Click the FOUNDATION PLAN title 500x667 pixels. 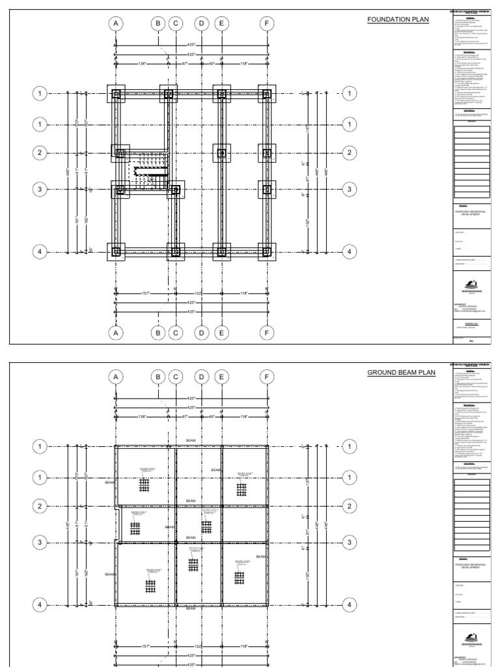[x=398, y=20]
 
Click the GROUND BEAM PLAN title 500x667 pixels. [x=400, y=373]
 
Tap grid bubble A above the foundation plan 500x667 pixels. [x=116, y=24]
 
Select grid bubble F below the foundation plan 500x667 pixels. [x=266, y=332]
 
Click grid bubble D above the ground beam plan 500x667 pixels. [x=202, y=377]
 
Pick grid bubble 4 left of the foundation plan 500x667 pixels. [x=40, y=251]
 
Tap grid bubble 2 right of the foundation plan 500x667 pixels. [x=349, y=153]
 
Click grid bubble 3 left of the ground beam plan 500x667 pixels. [x=40, y=542]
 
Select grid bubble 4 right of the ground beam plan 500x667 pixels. [x=349, y=604]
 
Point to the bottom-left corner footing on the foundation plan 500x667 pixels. [x=117, y=251]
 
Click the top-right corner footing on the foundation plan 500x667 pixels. [x=266, y=94]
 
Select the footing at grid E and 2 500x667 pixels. [x=221, y=154]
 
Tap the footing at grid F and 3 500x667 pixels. [x=266, y=190]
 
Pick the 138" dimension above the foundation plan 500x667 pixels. [x=141, y=63]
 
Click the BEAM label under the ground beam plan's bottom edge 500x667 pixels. [x=191, y=608]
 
